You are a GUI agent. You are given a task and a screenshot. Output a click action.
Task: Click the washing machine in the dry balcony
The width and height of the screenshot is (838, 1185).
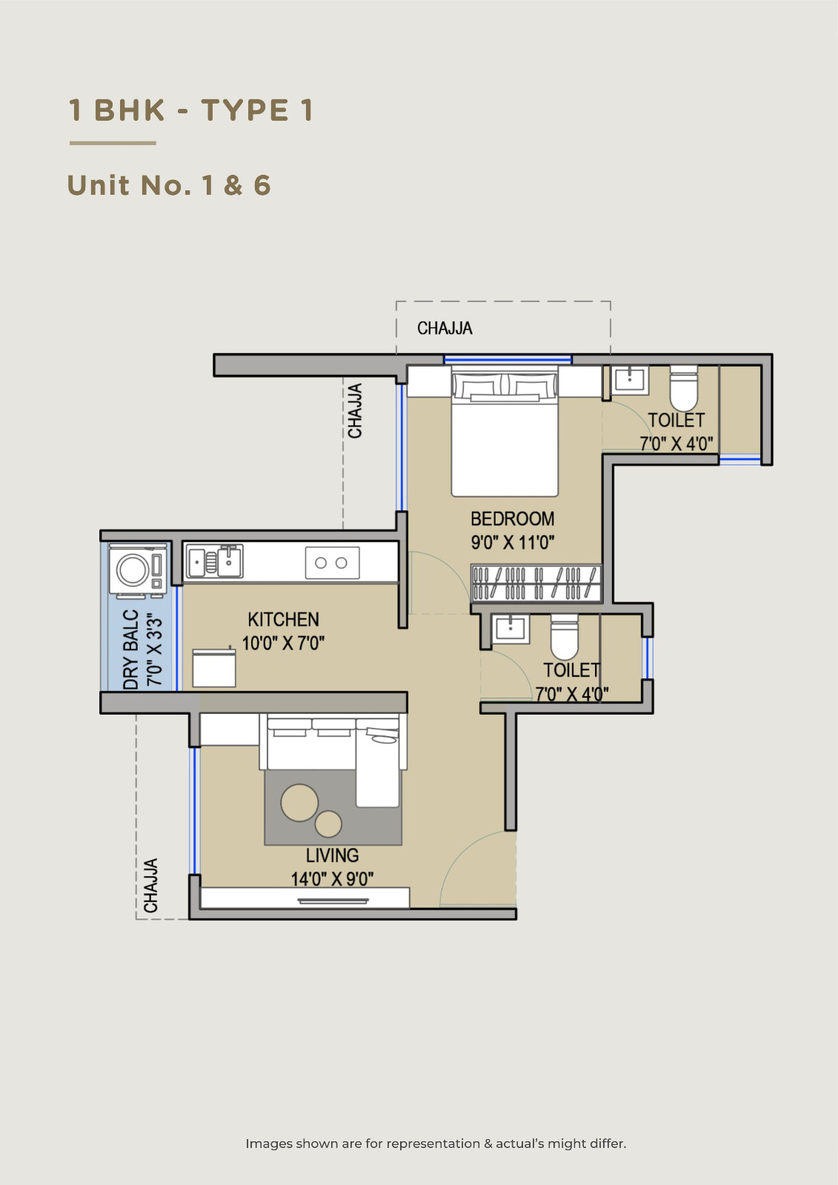tap(138, 571)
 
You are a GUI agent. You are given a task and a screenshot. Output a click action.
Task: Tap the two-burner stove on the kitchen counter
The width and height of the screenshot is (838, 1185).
tap(332, 563)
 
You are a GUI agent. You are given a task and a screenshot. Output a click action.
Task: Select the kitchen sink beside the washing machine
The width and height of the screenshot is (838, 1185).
tap(215, 561)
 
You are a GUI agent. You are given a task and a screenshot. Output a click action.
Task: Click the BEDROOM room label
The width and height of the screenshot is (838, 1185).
tap(513, 519)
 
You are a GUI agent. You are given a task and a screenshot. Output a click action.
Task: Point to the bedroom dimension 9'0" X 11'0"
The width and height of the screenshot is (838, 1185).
tap(513, 542)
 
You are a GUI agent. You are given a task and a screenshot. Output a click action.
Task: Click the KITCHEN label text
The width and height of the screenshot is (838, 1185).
tap(283, 619)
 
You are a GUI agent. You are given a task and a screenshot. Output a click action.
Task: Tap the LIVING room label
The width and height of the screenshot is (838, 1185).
tap(332, 855)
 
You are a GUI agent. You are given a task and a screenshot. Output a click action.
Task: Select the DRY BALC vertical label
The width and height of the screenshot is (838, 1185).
tap(130, 650)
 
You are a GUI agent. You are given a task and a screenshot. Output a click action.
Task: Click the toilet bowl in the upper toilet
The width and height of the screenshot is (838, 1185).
tap(683, 388)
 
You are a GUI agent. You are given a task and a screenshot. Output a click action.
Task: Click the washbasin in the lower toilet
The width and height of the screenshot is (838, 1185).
tap(511, 629)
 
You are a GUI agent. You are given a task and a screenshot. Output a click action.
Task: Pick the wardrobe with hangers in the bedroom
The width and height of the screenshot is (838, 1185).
tap(536, 584)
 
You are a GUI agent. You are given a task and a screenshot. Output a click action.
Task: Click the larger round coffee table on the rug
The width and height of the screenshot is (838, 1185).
tap(299, 803)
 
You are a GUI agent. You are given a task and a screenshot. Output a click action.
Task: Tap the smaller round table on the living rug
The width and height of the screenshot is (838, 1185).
tap(328, 824)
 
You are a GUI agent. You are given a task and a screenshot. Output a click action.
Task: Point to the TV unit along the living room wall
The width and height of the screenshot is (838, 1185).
tap(305, 898)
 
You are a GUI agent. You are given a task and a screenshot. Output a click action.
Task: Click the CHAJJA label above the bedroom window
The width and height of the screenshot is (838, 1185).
tap(445, 329)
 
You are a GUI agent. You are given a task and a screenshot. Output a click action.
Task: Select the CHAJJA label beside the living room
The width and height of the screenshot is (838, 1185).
tap(151, 886)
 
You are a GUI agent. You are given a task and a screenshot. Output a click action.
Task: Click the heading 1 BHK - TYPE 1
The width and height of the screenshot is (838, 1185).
tap(191, 110)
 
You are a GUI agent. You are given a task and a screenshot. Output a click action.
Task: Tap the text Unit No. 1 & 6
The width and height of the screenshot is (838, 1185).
tap(169, 186)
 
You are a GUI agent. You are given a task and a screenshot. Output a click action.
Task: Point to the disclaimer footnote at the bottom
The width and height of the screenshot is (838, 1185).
tap(436, 1144)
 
